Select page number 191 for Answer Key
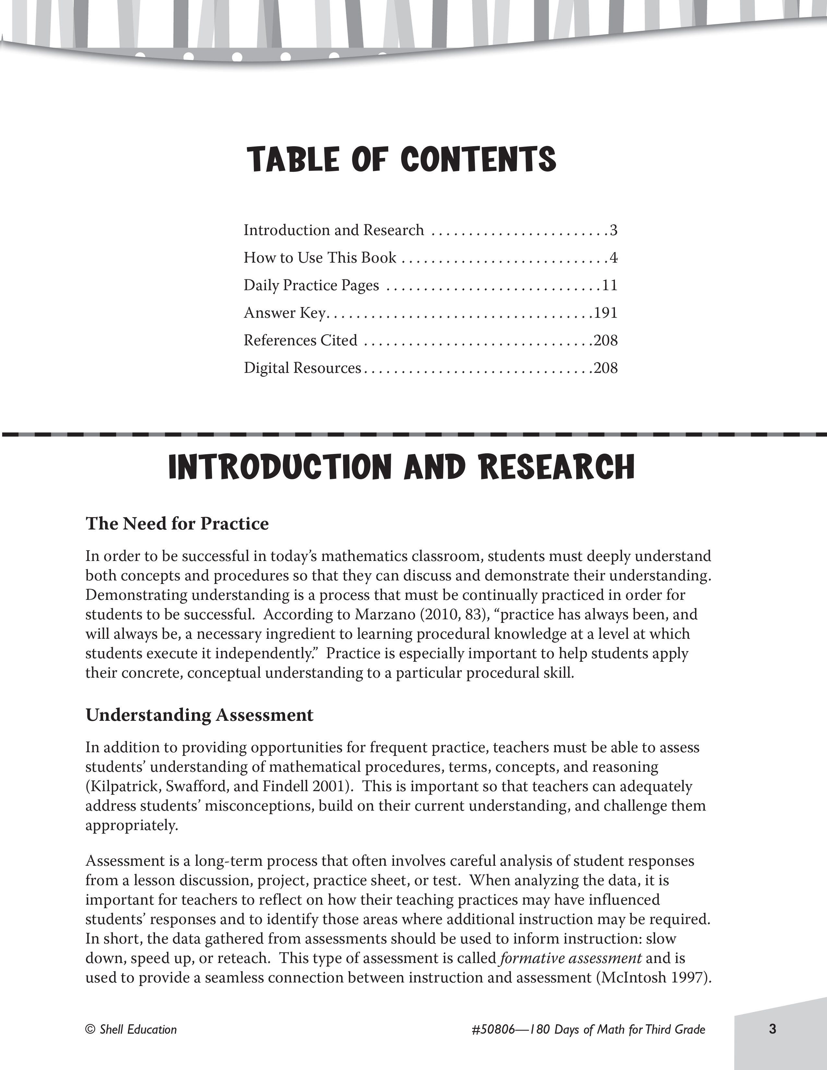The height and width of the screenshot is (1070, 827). coord(605,313)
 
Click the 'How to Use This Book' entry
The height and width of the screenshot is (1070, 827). coord(319,258)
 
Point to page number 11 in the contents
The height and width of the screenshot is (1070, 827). coord(609,285)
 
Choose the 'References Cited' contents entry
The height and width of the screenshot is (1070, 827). coord(300,340)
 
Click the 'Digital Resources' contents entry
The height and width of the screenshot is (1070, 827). coord(302,367)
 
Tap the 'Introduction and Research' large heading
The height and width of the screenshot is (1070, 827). coord(401,467)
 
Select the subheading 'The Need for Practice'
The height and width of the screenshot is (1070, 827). coord(177,524)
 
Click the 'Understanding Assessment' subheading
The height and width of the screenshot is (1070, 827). coord(199,715)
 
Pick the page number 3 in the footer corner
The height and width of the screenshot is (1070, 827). coord(773,1029)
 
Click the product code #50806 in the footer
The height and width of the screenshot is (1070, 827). coord(493,1029)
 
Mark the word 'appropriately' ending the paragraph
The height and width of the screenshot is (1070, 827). coord(131,826)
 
